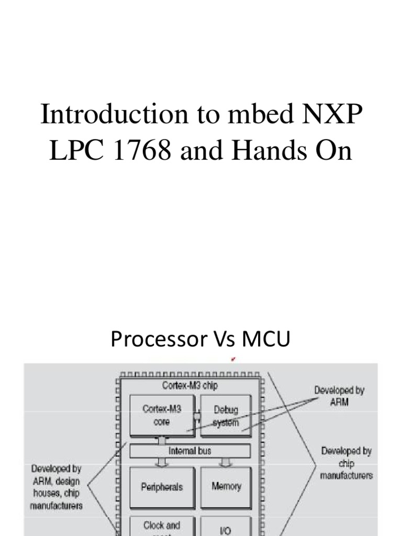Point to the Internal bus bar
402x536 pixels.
(189, 451)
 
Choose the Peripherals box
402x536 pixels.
(162, 487)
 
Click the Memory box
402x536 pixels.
(226, 486)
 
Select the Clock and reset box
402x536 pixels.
(162, 527)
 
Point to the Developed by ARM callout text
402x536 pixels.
(339, 395)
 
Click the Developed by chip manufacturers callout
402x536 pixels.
(347, 463)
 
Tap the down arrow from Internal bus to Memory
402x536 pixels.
(226, 462)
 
